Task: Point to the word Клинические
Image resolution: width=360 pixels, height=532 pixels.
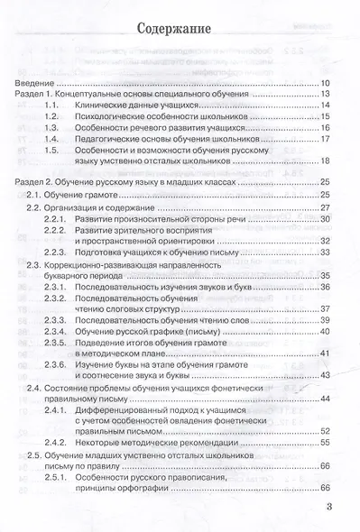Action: (x=122, y=106)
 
